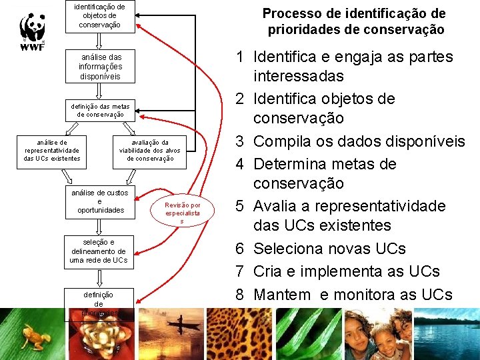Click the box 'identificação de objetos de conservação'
point(99,15)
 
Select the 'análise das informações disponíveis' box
point(99,67)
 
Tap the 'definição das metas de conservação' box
point(100,110)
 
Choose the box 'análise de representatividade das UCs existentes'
point(51,150)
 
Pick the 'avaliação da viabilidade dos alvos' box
point(149,150)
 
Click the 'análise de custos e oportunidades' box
point(99,201)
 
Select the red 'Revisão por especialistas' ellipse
point(183,213)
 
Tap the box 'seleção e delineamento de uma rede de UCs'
point(98,251)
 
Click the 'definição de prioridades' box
point(98,303)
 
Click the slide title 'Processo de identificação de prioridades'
point(354,21)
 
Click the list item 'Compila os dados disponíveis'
point(359,142)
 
